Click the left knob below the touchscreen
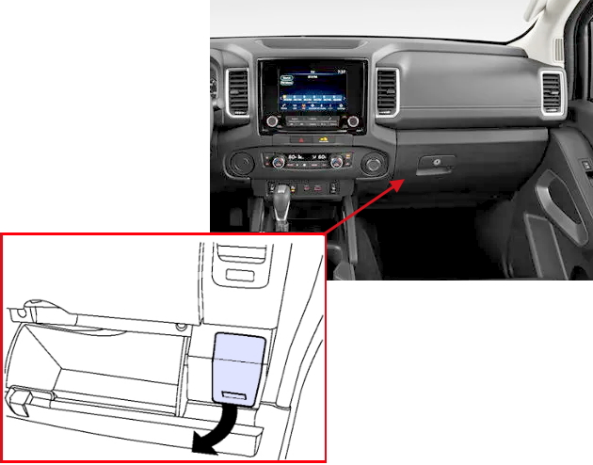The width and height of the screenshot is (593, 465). pos(273,121)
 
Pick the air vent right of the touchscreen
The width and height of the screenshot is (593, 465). pos(387,92)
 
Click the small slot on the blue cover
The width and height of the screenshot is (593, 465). pos(235,395)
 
